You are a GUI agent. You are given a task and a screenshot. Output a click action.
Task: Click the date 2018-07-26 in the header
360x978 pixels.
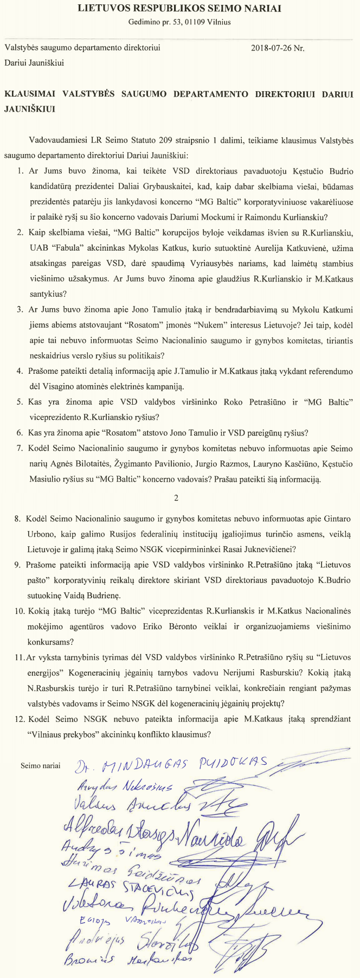tap(271, 48)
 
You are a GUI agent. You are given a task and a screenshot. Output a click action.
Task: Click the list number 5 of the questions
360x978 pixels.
tap(20, 402)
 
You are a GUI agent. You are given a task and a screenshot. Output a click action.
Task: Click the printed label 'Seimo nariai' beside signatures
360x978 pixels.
tap(41, 766)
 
